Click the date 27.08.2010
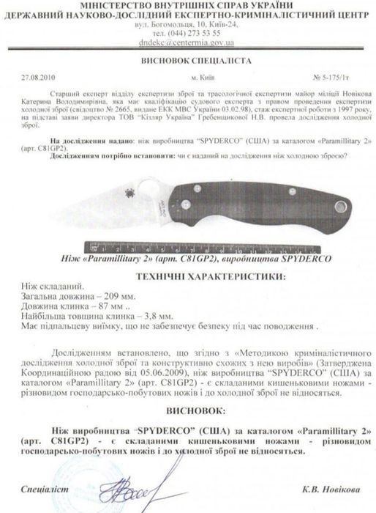(x=36, y=76)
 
